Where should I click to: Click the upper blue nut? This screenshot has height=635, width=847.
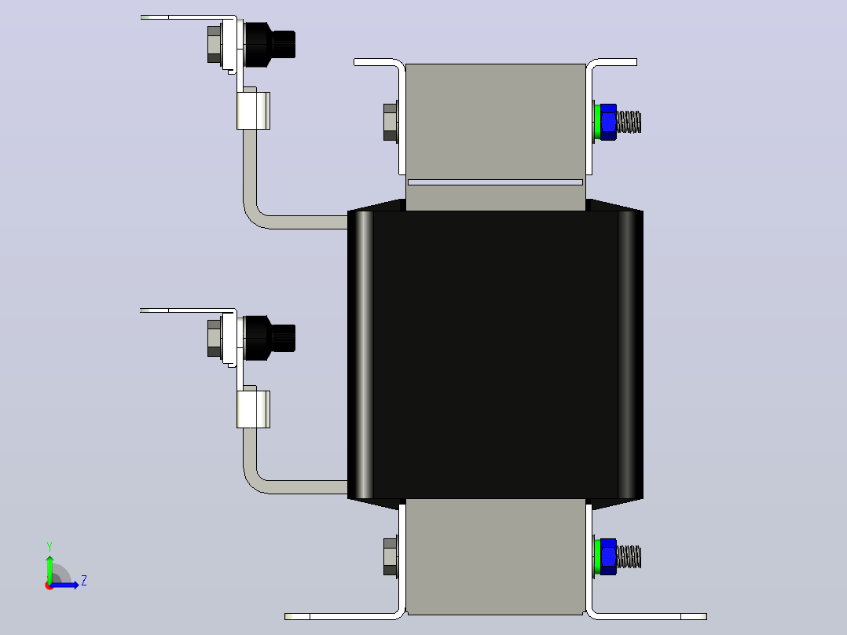pyautogui.click(x=608, y=122)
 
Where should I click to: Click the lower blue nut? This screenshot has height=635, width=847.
pyautogui.click(x=608, y=556)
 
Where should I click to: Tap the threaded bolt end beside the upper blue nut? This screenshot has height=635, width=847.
pyautogui.click(x=629, y=122)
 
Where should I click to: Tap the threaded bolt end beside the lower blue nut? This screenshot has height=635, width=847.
pyautogui.click(x=629, y=556)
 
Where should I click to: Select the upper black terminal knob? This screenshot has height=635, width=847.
pyautogui.click(x=269, y=44)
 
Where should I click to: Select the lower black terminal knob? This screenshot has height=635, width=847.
pyautogui.click(x=269, y=338)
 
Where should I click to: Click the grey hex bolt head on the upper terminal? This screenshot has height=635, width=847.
pyautogui.click(x=214, y=44)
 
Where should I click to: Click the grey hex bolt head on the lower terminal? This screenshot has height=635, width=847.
pyautogui.click(x=214, y=338)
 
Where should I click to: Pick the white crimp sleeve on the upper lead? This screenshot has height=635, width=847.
pyautogui.click(x=253, y=111)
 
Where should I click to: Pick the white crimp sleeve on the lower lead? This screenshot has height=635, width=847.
pyautogui.click(x=253, y=409)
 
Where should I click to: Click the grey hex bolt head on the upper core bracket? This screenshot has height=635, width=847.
pyautogui.click(x=390, y=122)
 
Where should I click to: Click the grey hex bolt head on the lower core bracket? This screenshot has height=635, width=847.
pyautogui.click(x=390, y=556)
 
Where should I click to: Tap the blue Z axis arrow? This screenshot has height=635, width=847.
pyautogui.click(x=64, y=585)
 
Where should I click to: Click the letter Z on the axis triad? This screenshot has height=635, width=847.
pyautogui.click(x=84, y=581)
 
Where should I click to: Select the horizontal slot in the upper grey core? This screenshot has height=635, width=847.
pyautogui.click(x=495, y=182)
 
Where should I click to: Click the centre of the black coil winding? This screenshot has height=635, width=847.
pyautogui.click(x=495, y=354)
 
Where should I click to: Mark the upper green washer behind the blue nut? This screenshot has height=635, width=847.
pyautogui.click(x=597, y=122)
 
